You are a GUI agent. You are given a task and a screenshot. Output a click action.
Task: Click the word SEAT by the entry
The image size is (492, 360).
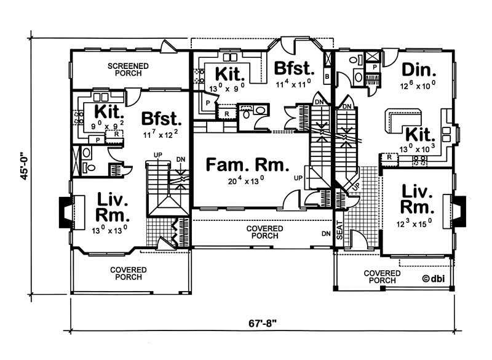[338, 227]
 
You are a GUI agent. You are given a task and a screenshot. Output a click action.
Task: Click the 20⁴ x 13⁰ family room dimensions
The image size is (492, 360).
[247, 181]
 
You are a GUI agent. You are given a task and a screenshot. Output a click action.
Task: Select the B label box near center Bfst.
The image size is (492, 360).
[327, 76]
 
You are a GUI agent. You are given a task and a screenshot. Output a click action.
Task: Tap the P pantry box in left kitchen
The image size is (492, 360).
[97, 140]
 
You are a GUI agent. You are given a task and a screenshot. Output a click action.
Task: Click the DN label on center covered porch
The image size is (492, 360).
[325, 234]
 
